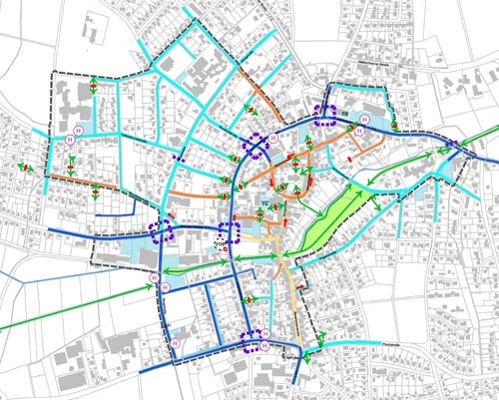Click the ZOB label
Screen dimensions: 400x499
pyautogui.click(x=220, y=243)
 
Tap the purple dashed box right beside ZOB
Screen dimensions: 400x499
pyautogui.click(x=230, y=233)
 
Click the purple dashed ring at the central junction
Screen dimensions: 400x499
pyautogui.click(x=255, y=147)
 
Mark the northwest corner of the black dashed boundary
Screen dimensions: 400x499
pyautogui.click(x=52, y=75)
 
